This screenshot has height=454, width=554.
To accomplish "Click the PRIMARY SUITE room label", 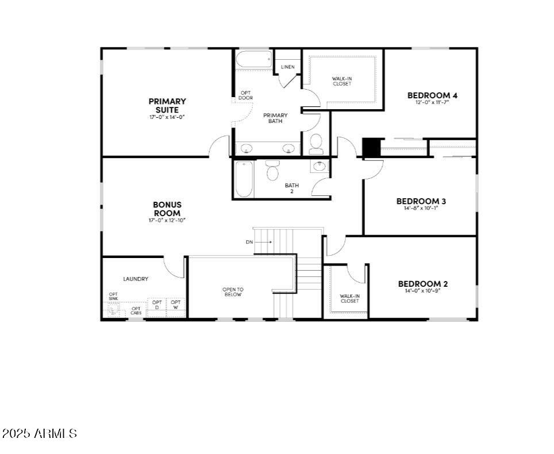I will point(167,106).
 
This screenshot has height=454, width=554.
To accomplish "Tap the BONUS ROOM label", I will point(167,209).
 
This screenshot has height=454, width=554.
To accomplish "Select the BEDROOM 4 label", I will point(432,95).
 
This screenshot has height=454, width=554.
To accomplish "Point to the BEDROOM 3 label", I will point(421,201).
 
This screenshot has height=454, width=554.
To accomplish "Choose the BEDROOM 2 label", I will point(423,284).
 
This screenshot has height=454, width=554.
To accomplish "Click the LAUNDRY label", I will point(136,279).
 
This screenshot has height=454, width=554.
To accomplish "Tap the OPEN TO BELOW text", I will point(233,292).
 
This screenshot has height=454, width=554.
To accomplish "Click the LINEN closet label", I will point(288,67).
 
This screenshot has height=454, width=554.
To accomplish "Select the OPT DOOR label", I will point(245,95).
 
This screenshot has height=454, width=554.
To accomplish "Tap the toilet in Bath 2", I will point(272,171).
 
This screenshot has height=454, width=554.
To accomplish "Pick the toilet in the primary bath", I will point(316,144).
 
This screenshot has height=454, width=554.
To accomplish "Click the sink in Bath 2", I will point(318,167).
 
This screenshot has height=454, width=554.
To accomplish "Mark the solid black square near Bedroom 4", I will point(371,147).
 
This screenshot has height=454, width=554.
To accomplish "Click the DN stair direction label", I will point(249,242).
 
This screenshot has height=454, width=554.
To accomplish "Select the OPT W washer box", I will point(176,305).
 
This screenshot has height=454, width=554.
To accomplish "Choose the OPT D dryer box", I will point(157,305).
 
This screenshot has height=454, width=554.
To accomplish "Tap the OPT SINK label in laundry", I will point(113,297).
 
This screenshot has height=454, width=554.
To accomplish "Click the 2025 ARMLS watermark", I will point(39,433).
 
